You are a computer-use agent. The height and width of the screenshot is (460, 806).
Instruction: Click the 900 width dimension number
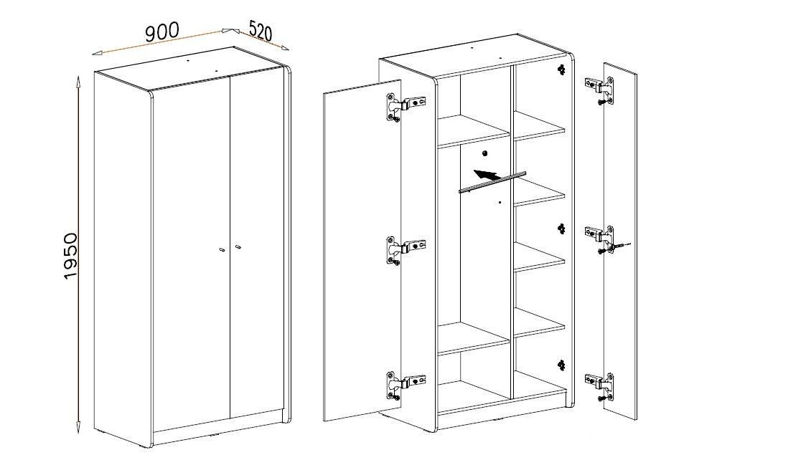(162, 32)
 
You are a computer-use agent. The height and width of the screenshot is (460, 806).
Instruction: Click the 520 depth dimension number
(260, 31)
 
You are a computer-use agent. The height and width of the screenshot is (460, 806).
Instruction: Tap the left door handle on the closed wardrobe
(221, 250)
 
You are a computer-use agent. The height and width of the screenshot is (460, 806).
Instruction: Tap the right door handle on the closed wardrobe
(238, 248)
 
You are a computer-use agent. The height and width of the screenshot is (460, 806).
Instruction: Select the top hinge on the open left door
(406, 107)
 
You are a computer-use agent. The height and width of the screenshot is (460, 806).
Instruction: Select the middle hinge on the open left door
(406, 251)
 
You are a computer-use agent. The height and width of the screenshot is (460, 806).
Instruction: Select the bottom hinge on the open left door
(406, 385)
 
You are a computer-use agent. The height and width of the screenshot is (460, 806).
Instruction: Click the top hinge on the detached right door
(599, 90)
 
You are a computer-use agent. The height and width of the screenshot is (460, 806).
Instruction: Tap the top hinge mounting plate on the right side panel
(561, 70)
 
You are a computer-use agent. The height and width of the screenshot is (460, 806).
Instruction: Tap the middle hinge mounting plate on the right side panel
(561, 229)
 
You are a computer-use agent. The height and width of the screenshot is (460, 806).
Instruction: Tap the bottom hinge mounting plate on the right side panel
(561, 365)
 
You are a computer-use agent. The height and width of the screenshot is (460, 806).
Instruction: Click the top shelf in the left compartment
(473, 131)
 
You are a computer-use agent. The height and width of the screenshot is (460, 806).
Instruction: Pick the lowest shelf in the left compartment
(473, 337)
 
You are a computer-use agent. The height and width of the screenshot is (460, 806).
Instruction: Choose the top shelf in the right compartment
(540, 126)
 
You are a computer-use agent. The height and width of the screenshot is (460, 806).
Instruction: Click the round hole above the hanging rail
(484, 153)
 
